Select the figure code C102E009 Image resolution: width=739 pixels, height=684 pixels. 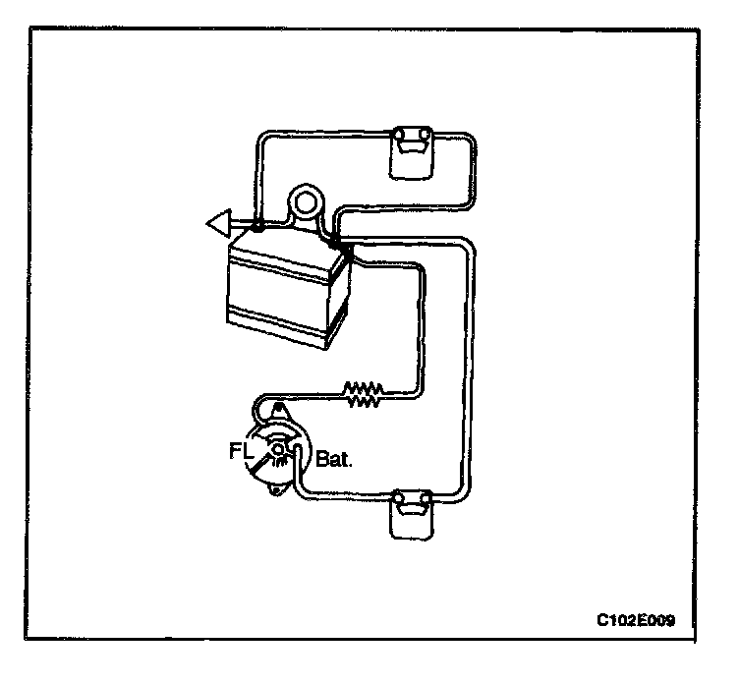coord(635,620)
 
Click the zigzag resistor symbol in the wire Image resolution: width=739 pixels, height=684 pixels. coord(362,395)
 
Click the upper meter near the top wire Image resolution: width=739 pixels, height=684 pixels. coord(411,150)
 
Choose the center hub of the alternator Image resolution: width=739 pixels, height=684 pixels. coord(279,451)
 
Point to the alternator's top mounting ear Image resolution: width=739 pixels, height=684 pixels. coord(279,408)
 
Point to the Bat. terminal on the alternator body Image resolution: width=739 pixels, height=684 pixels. coord(292,452)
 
